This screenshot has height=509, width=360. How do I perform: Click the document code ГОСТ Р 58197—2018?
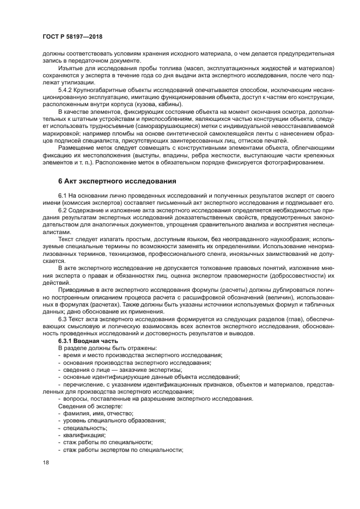72,36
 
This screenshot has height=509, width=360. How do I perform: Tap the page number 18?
46,463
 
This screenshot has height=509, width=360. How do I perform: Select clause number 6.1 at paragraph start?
63,194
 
